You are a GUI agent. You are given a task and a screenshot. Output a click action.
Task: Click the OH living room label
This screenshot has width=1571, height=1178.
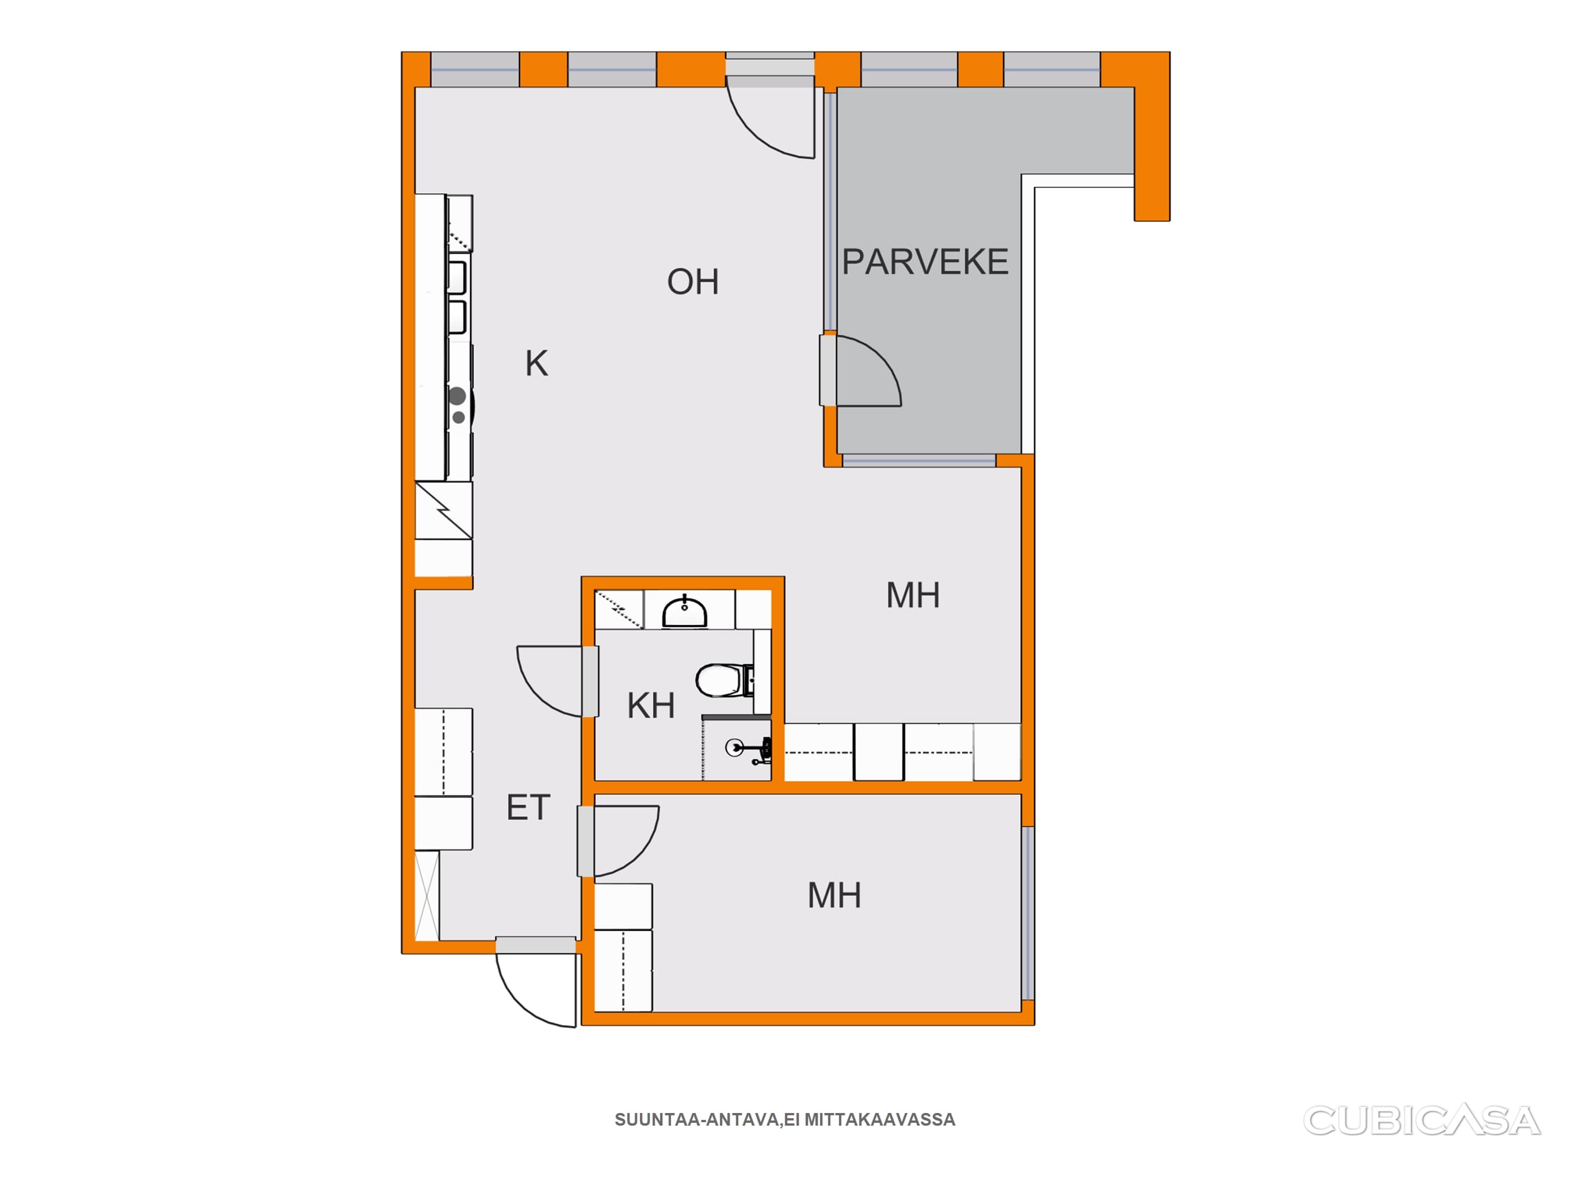(x=692, y=282)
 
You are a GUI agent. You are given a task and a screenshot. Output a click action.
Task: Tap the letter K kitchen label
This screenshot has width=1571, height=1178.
(x=536, y=364)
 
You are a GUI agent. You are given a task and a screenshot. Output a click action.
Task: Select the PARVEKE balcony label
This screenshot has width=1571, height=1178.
(x=925, y=262)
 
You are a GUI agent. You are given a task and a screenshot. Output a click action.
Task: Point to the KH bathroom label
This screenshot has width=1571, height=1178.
(x=651, y=706)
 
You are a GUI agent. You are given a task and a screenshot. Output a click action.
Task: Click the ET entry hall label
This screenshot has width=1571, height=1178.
(x=528, y=808)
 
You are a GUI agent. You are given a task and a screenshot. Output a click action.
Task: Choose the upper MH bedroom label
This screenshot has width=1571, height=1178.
(x=913, y=595)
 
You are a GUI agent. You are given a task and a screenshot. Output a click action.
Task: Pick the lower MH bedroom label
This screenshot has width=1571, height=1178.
(x=834, y=896)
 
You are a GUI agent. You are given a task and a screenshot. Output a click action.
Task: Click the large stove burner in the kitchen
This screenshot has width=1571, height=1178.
(x=457, y=396)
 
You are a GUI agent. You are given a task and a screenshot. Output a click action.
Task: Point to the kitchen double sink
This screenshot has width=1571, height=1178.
(x=457, y=297)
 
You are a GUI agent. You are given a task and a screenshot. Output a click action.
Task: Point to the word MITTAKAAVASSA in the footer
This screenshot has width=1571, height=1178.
(x=879, y=1120)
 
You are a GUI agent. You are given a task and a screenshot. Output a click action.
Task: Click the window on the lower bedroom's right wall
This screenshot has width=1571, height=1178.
(x=1028, y=913)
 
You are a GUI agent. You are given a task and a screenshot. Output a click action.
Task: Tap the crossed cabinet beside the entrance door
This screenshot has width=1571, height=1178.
(x=427, y=896)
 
